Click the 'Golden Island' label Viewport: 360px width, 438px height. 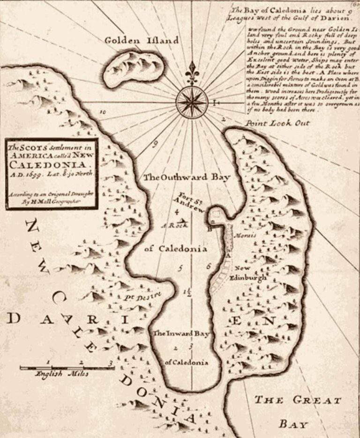pos(141,41)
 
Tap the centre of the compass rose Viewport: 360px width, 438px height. pos(192,101)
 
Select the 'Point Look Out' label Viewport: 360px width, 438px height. pos(278,123)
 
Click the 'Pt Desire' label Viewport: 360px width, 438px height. pos(147,296)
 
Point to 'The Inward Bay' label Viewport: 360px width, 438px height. pos(180,334)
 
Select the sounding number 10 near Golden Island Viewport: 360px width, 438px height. pos(103,112)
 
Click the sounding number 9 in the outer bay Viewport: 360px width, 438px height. pos(154,144)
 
